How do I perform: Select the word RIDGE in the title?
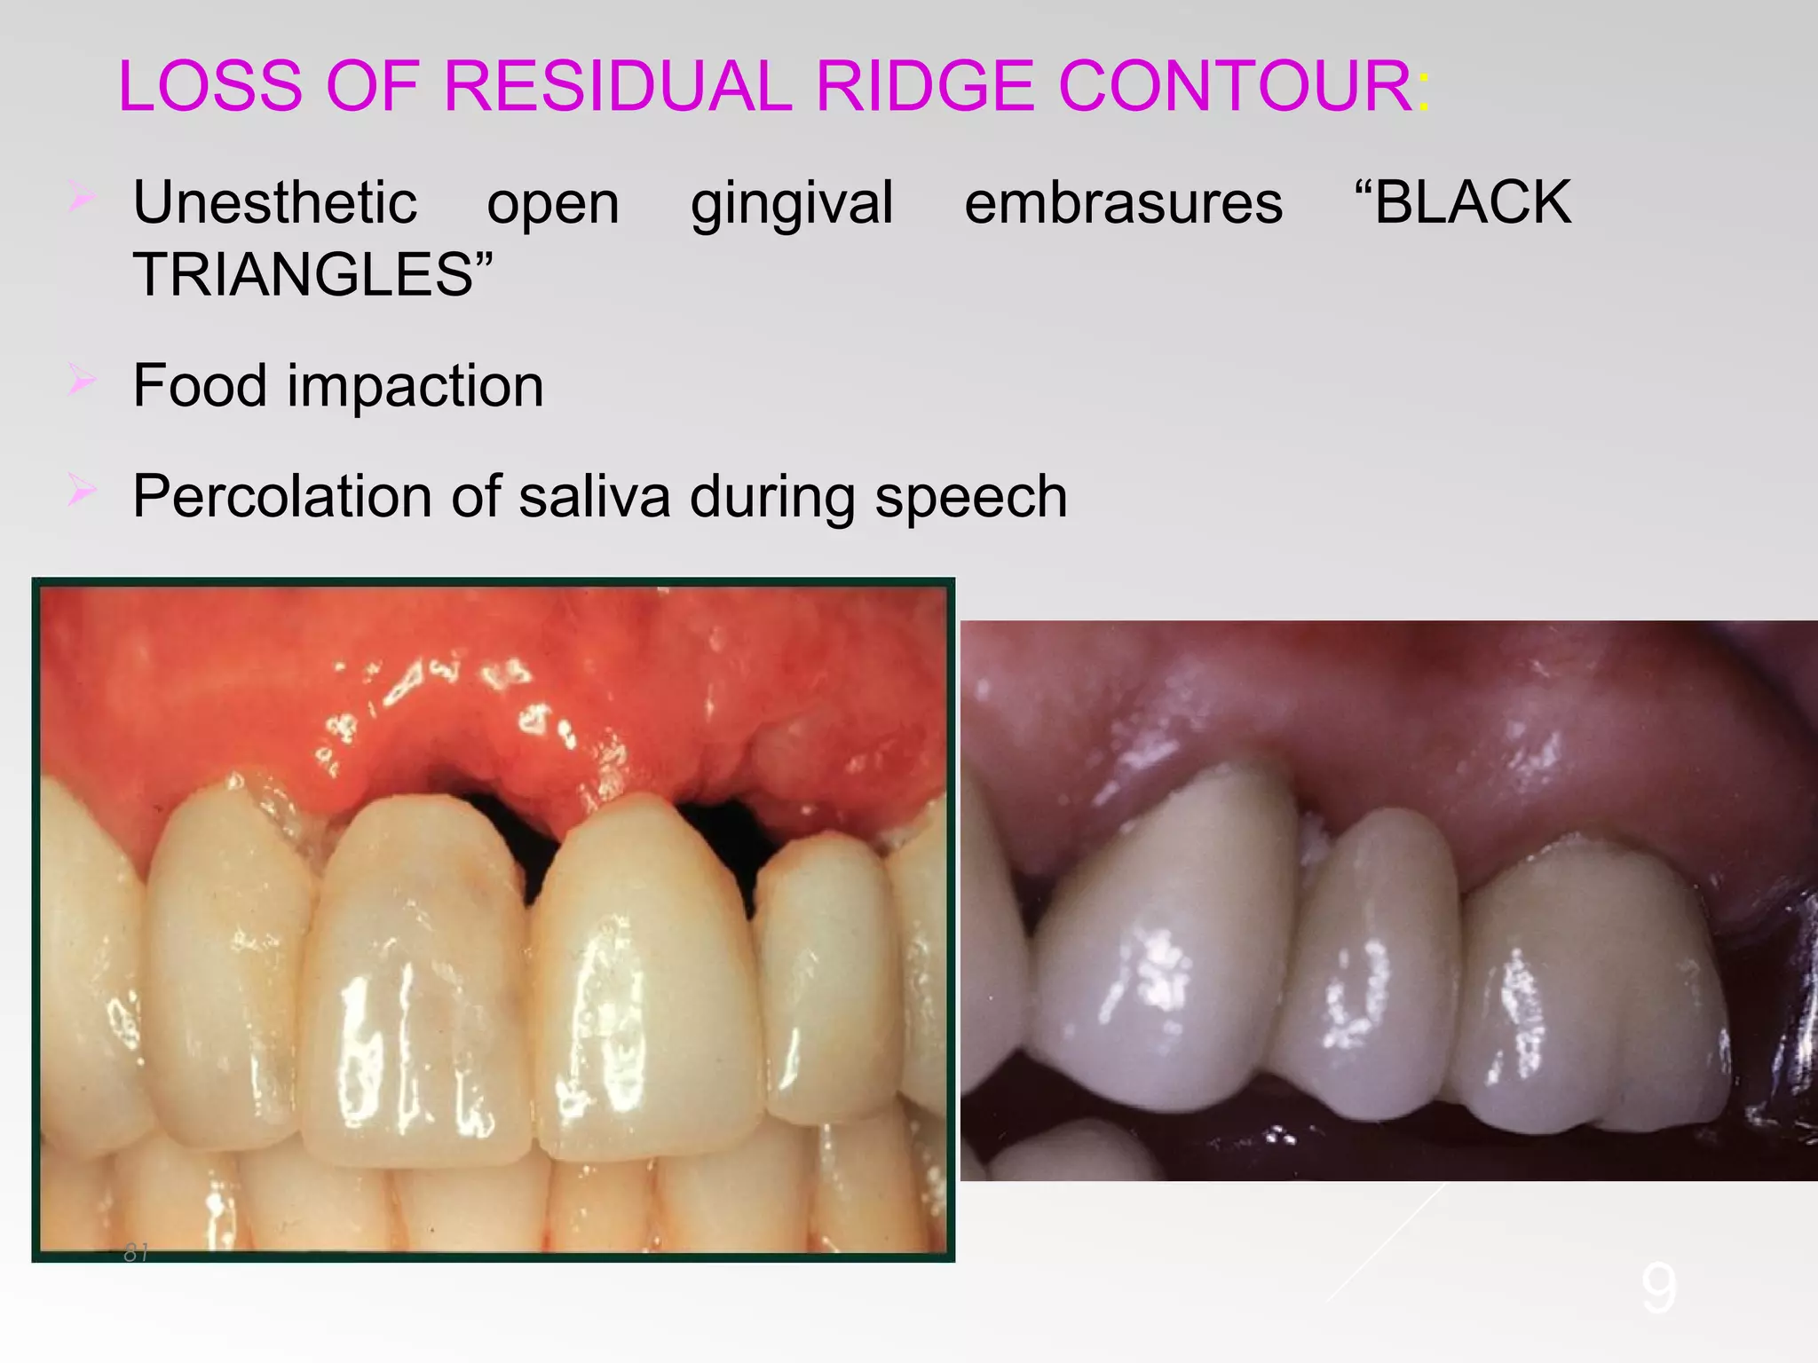click(924, 86)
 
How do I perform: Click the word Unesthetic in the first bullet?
click(274, 202)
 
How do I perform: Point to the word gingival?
click(792, 204)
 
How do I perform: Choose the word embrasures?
click(1123, 202)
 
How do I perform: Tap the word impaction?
click(415, 386)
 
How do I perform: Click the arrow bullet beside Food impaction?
click(81, 382)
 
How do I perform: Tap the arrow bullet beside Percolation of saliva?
click(81, 491)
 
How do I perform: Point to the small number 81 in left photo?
click(136, 1253)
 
